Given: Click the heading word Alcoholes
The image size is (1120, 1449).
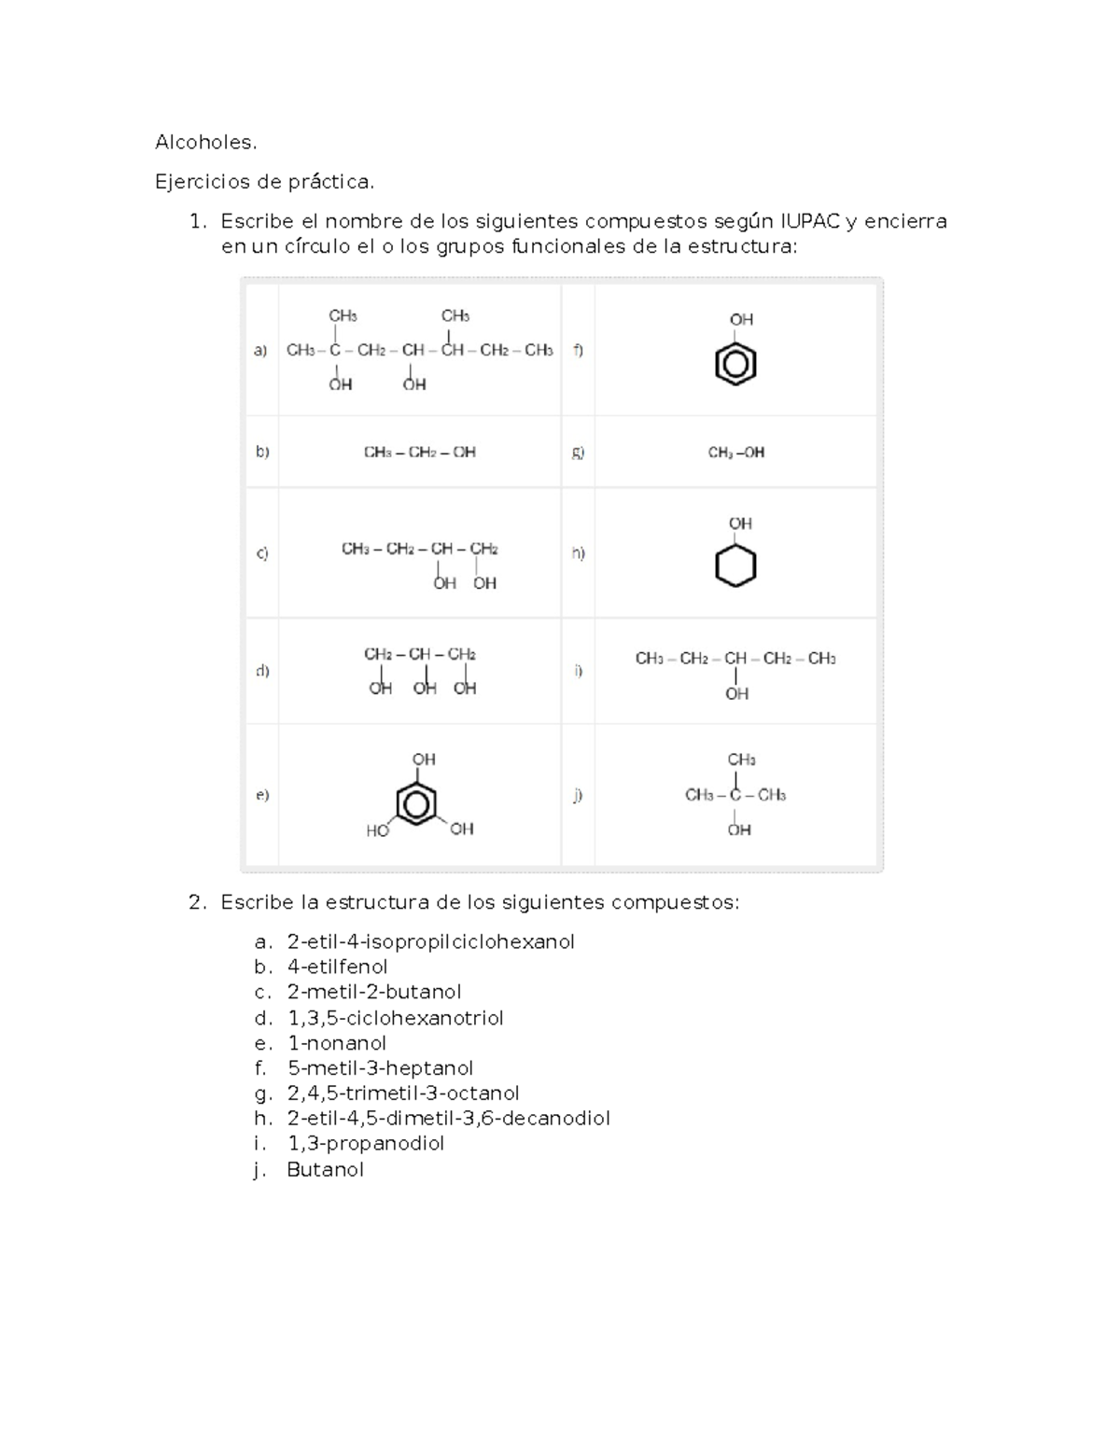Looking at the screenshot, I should pos(205,143).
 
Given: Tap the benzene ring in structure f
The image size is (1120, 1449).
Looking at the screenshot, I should pos(735,364).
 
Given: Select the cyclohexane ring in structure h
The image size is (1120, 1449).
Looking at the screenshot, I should pos(735,565).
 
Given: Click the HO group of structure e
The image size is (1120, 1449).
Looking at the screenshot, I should pos(377,830).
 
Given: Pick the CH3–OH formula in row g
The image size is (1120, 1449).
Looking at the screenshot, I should pos(736,453).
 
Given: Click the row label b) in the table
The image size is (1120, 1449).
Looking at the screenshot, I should pos(262,452).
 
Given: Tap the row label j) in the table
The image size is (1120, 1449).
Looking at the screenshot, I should pos(579,795).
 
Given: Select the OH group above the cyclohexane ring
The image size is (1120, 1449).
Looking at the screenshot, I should pos(740,523).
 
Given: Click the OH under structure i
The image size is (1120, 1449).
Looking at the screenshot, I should pos(736,693).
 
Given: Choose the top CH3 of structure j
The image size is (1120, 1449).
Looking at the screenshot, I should pos(741,759).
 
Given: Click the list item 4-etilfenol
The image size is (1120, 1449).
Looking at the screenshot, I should pos(337,967).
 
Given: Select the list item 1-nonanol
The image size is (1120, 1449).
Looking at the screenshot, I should pos(336,1043).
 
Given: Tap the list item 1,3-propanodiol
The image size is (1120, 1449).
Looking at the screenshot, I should pos(365,1143).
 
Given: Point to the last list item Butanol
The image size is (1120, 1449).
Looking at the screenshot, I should pos(325,1169).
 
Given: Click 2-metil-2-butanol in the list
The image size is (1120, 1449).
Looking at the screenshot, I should pos(373,992).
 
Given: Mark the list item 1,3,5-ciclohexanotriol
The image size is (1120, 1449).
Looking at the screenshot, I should pos(395,1018).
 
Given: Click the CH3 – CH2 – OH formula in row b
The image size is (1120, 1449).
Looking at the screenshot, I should pos(419,453).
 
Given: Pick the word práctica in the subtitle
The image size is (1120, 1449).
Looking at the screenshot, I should pos(330,182).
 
